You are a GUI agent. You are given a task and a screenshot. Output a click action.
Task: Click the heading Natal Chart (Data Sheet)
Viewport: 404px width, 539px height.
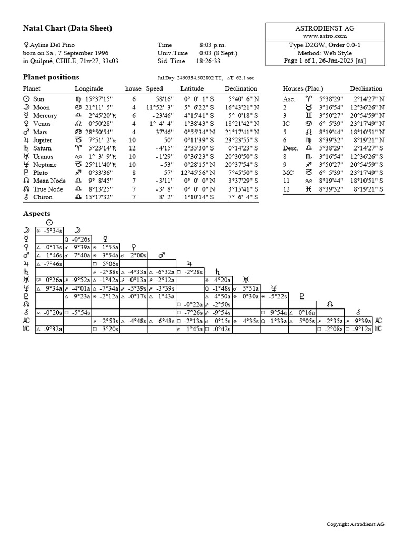[x=67, y=28]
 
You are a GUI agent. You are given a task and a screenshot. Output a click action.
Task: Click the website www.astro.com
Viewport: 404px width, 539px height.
[x=325, y=36]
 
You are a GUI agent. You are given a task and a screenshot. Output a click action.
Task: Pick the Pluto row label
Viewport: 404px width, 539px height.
[x=40, y=172]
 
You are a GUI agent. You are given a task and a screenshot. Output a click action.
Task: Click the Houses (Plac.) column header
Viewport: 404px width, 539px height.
[x=303, y=88]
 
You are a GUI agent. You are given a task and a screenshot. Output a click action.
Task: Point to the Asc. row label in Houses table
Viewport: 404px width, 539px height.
[x=289, y=98]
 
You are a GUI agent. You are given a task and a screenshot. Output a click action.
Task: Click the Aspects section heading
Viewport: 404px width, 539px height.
[x=37, y=214]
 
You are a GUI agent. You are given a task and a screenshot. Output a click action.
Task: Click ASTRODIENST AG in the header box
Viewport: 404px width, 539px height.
[x=325, y=27]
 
